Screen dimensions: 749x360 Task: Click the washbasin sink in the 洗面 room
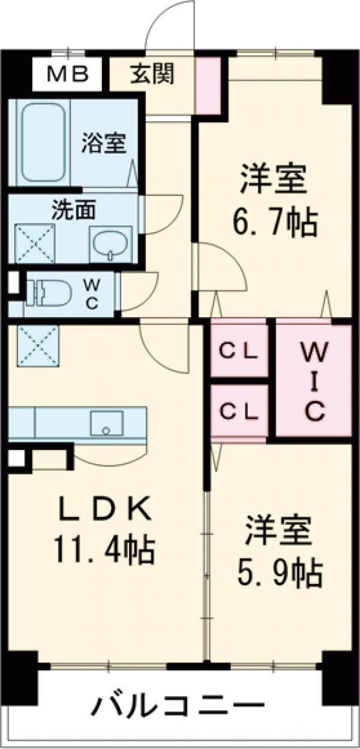coord(109,245)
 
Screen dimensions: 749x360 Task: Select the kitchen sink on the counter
coord(106,423)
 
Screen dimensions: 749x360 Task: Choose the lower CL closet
coord(238,412)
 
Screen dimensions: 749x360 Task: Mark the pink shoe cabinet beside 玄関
coord(209,85)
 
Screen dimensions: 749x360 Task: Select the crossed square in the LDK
coord(37,344)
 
